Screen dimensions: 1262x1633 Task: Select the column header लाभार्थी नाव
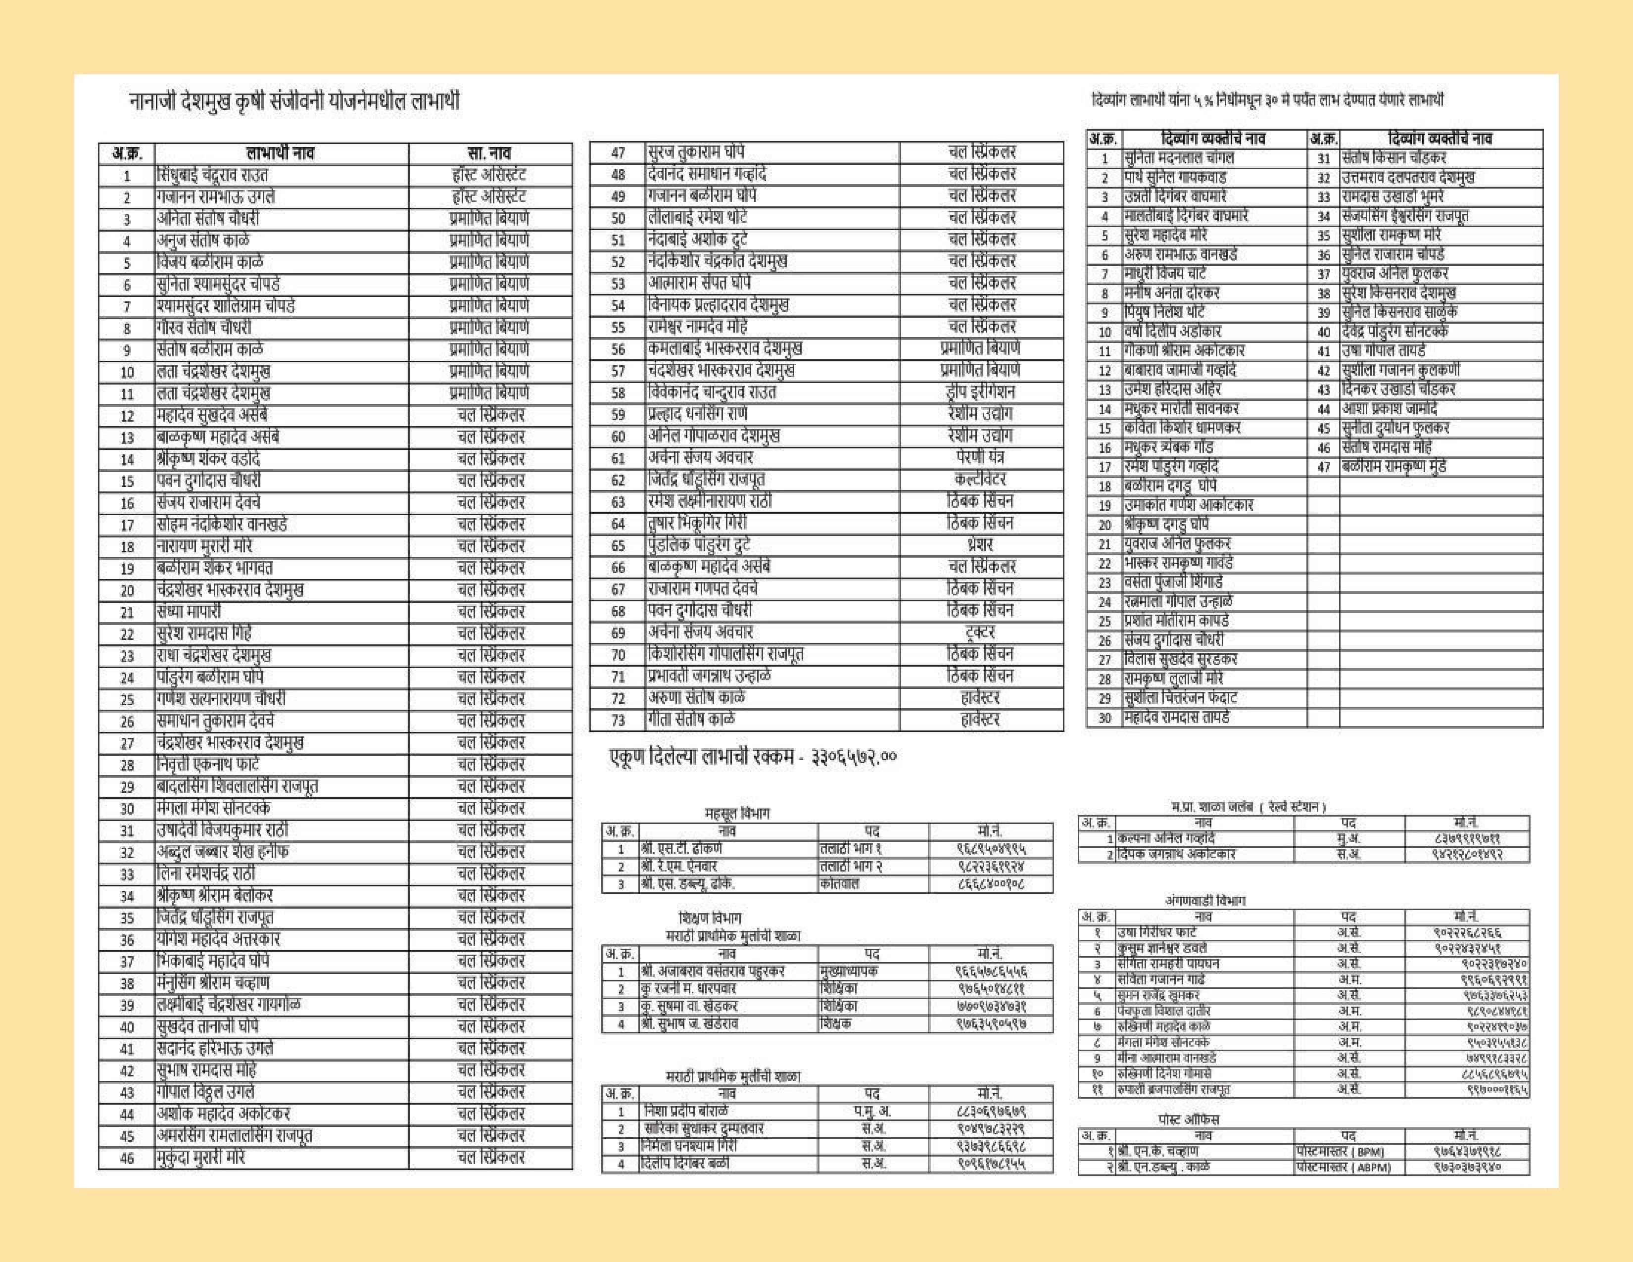(x=281, y=153)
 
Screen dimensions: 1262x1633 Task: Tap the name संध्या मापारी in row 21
(x=189, y=612)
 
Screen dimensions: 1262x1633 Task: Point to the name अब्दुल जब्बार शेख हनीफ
(x=222, y=852)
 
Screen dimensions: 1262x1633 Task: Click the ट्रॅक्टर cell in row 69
(x=980, y=632)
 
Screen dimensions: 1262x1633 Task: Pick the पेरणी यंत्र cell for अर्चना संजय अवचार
(x=980, y=457)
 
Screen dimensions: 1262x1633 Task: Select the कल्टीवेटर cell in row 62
(x=980, y=479)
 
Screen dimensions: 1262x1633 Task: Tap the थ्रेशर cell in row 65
(x=980, y=545)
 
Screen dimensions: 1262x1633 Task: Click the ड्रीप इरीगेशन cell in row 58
(x=980, y=392)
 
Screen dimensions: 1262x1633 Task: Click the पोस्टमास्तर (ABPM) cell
(x=1344, y=1167)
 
